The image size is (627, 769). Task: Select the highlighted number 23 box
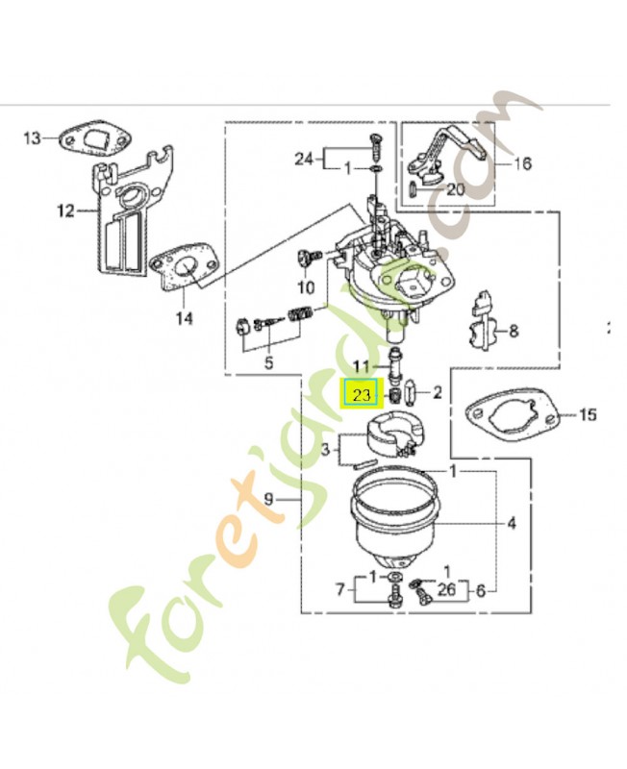362,395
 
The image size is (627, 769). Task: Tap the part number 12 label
65,211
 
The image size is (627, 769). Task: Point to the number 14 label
184,318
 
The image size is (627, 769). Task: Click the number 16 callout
522,163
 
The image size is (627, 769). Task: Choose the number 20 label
455,190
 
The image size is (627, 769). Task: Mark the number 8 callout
514,332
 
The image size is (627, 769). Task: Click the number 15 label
588,415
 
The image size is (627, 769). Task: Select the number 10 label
306,286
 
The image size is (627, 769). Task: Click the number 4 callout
512,524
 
